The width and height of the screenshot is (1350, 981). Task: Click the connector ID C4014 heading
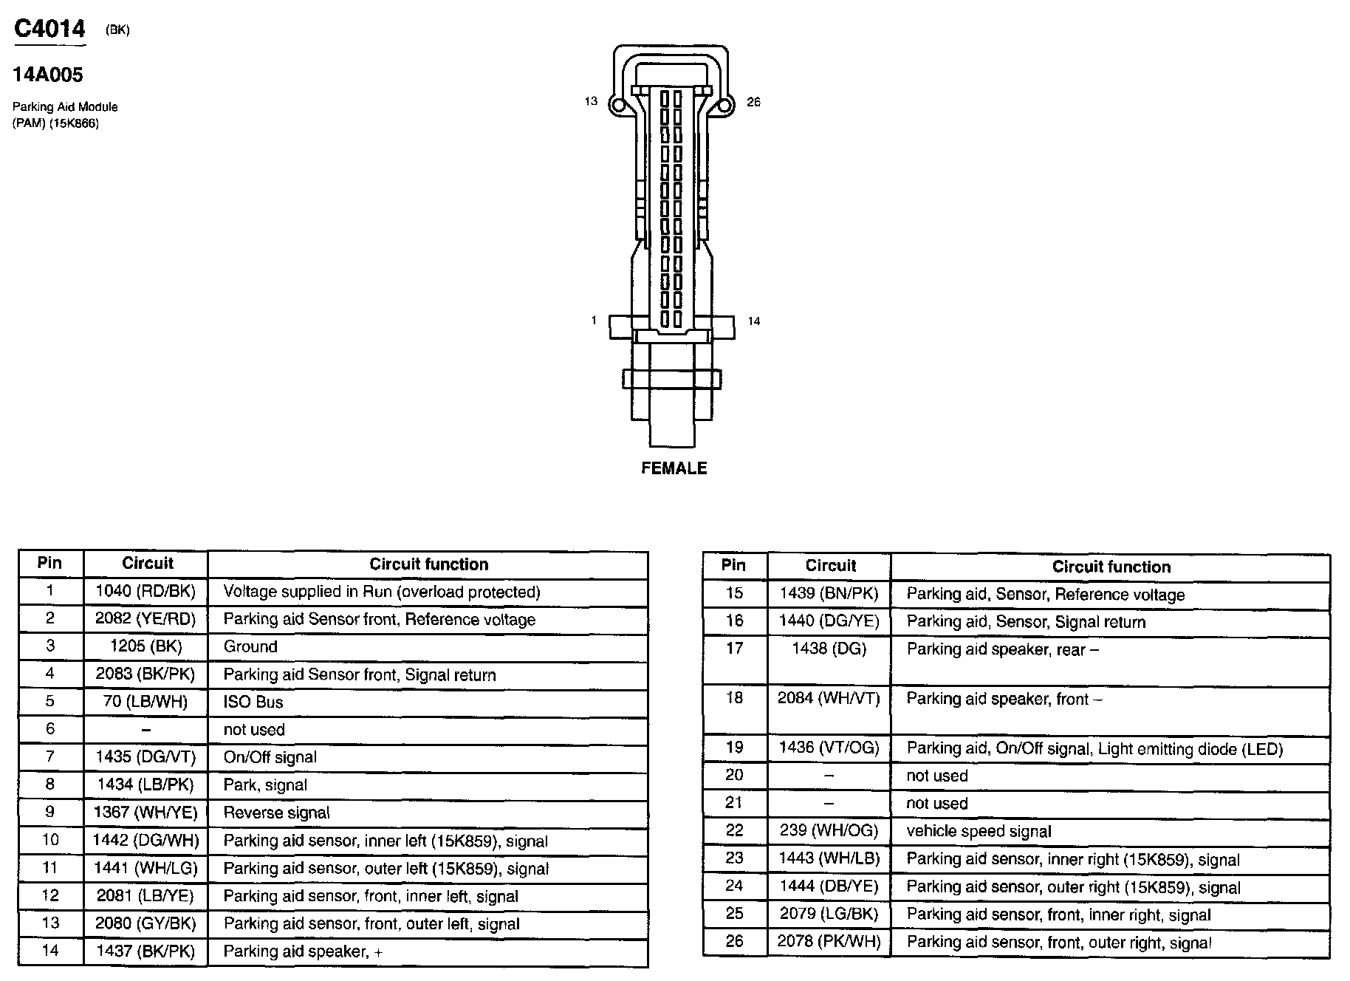pyautogui.click(x=49, y=29)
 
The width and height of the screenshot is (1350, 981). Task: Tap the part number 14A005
pyautogui.click(x=48, y=75)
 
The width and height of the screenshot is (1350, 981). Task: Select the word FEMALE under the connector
pyautogui.click(x=674, y=468)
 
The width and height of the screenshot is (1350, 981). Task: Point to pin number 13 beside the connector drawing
pyautogui.click(x=591, y=101)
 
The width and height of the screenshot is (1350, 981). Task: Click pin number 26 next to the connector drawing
pyautogui.click(x=753, y=102)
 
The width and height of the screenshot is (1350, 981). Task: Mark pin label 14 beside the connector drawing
pyautogui.click(x=753, y=321)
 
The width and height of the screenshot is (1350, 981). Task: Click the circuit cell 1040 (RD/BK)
pyautogui.click(x=146, y=592)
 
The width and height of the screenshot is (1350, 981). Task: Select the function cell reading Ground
pyautogui.click(x=250, y=646)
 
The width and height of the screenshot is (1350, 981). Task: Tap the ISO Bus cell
pyautogui.click(x=253, y=702)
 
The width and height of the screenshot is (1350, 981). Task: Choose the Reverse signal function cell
pyautogui.click(x=277, y=813)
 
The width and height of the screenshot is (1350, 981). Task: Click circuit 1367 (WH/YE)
pyautogui.click(x=146, y=813)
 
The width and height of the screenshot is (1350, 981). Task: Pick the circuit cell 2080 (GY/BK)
pyautogui.click(x=146, y=923)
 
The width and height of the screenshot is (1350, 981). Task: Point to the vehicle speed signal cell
pyautogui.click(x=979, y=831)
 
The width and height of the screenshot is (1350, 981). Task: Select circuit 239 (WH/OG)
pyautogui.click(x=829, y=830)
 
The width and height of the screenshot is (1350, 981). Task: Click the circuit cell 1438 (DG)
pyautogui.click(x=829, y=649)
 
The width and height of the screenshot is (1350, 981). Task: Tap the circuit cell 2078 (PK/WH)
pyautogui.click(x=829, y=941)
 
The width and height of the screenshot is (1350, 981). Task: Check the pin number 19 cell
pyautogui.click(x=734, y=748)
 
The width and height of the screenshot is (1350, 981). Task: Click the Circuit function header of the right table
pyautogui.click(x=1111, y=567)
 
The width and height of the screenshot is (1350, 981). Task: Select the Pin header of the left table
pyautogui.click(x=49, y=563)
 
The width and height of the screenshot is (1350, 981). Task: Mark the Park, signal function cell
pyautogui.click(x=265, y=785)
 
